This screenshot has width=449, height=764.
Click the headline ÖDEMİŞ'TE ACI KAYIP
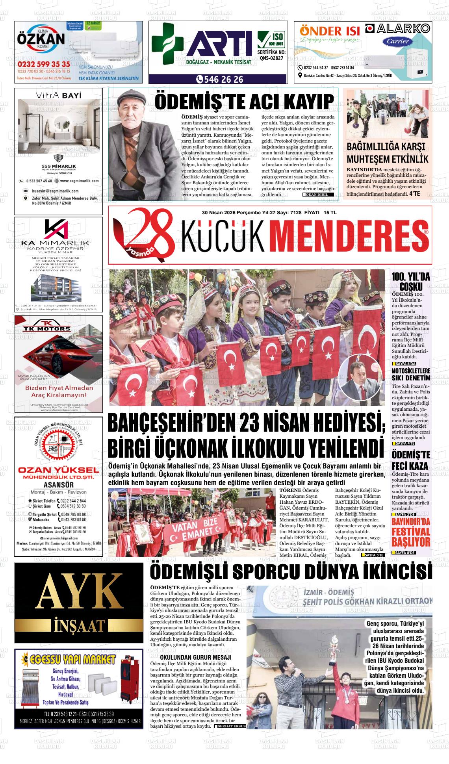[244, 102]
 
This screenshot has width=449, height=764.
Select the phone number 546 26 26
[220, 80]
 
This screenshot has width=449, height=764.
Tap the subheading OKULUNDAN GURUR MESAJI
[195, 657]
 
